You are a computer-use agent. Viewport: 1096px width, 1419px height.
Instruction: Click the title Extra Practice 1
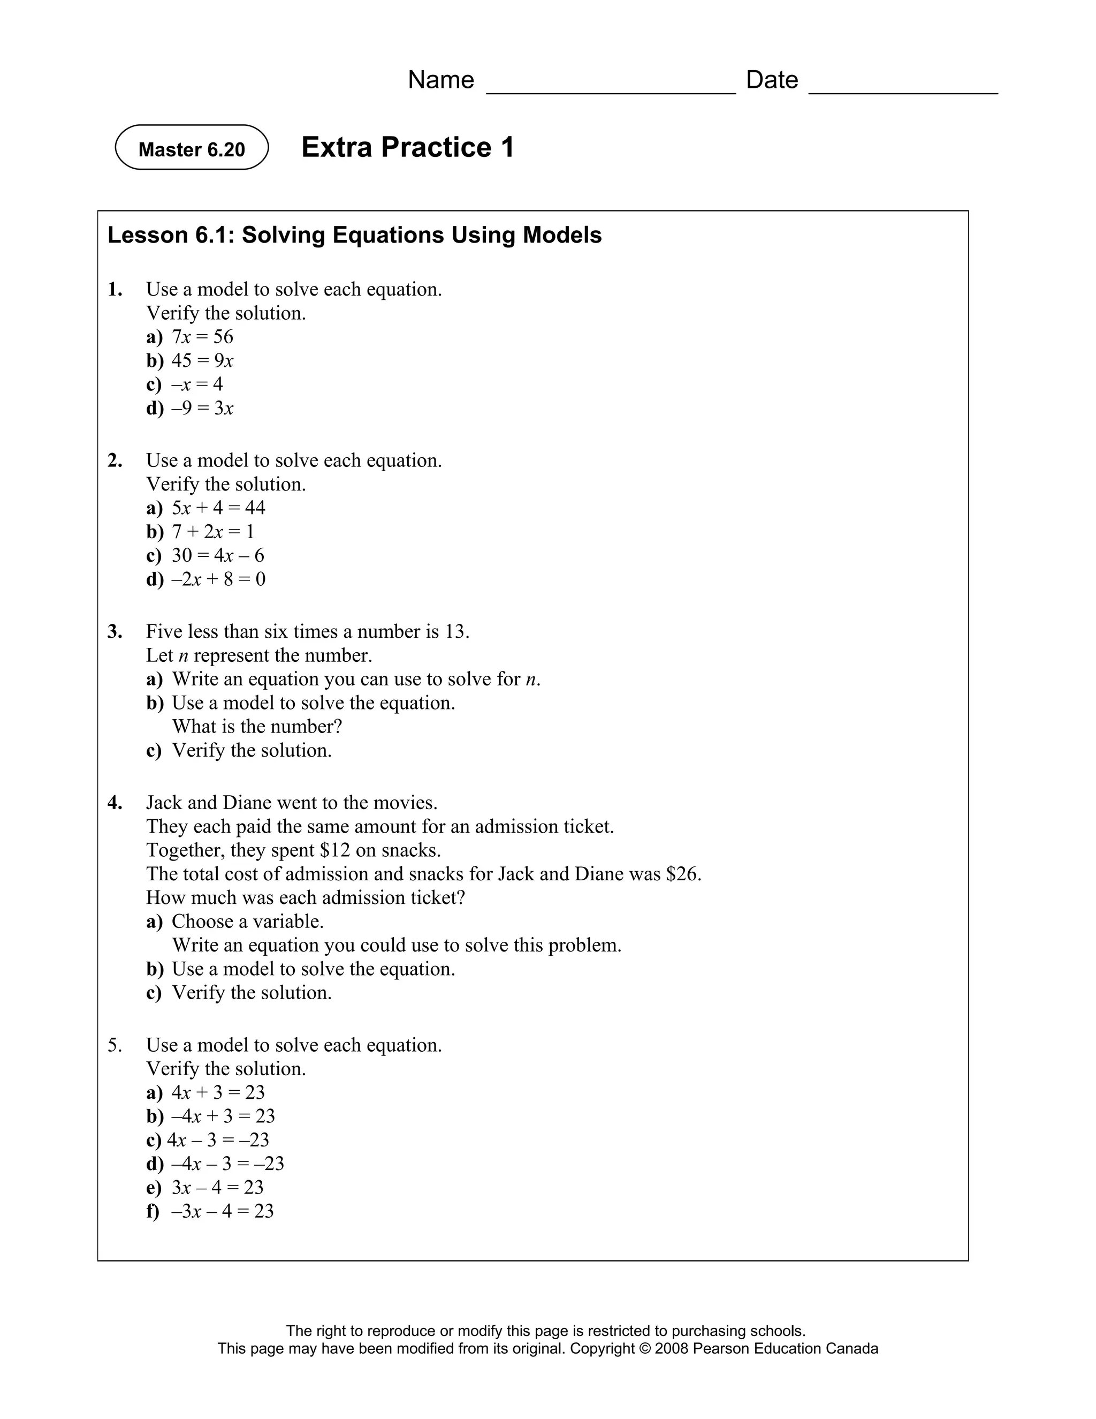click(407, 147)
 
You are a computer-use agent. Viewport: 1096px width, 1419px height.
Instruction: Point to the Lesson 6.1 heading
click(354, 235)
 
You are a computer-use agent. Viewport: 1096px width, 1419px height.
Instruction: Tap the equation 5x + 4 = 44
click(218, 508)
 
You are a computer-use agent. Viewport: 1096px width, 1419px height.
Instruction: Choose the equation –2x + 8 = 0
click(218, 579)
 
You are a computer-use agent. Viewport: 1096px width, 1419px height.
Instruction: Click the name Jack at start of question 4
click(163, 803)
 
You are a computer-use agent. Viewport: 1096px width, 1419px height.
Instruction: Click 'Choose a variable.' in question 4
click(247, 922)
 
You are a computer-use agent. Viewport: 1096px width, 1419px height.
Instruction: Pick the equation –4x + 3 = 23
click(223, 1116)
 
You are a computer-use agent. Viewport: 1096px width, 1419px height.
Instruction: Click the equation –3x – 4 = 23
click(222, 1211)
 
